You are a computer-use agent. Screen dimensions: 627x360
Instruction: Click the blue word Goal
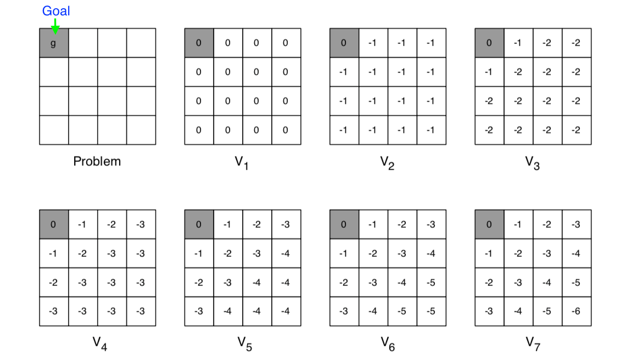56,11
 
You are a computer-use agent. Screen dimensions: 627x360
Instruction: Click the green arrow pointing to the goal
55,26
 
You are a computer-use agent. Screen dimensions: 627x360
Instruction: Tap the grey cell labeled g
54,43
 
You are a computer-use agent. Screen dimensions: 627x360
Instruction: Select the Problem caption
97,161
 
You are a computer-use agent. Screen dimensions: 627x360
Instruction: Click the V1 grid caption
242,163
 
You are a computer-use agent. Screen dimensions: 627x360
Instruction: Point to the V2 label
387,163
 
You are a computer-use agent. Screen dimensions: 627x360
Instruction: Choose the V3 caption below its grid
532,163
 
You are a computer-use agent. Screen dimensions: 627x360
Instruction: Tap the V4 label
99,344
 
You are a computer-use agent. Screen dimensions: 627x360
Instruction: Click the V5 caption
245,344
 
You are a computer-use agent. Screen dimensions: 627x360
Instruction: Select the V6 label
388,344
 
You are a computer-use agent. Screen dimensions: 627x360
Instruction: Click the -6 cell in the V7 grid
576,311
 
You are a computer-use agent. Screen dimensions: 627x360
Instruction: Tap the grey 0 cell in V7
489,224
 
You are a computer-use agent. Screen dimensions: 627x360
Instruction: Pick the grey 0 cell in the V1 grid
199,43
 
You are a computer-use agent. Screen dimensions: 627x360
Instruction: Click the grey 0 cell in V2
344,43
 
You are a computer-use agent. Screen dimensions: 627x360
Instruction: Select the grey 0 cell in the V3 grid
489,43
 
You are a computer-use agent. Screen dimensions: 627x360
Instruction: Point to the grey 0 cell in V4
54,224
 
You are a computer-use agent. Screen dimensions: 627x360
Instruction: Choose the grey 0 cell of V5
199,224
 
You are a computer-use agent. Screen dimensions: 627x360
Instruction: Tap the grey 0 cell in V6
344,224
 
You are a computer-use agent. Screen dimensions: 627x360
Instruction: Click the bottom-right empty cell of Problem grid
141,130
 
